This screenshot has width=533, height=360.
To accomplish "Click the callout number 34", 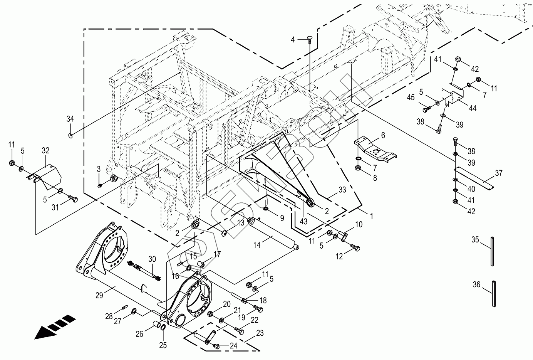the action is pyautogui.click(x=70, y=119).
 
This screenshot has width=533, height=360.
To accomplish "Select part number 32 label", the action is pyautogui.click(x=46, y=150).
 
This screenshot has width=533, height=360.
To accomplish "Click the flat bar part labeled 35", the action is pyautogui.click(x=493, y=251).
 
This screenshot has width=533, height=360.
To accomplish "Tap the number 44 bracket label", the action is pyautogui.click(x=473, y=108).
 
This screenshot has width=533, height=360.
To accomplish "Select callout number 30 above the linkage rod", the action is pyautogui.click(x=152, y=259).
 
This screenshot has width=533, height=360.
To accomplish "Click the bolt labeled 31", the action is pyautogui.click(x=73, y=199).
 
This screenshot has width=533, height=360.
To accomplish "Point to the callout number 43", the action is pyautogui.click(x=304, y=222).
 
